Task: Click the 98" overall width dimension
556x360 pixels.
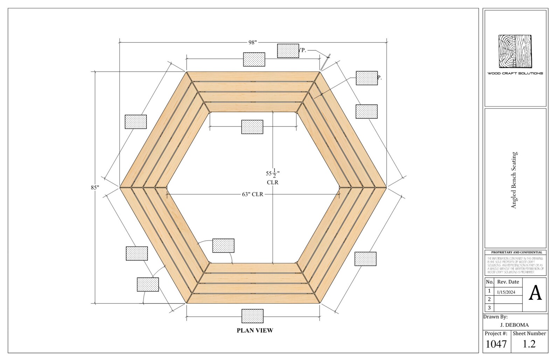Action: pos(252,42)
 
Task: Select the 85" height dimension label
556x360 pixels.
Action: pos(95,187)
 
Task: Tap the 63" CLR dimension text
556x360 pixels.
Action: pos(252,194)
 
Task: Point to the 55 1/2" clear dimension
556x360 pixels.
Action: pos(272,176)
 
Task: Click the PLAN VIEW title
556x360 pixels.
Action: pos(255,330)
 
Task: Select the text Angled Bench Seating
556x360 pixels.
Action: pos(514,180)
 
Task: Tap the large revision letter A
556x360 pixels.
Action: pos(535,293)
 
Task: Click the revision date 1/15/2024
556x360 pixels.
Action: pos(508,292)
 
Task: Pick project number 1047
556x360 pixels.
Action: pos(496,344)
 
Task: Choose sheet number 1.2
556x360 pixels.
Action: pos(529,344)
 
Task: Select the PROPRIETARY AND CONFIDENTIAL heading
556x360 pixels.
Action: pos(516,252)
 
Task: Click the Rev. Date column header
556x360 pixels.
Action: pos(508,282)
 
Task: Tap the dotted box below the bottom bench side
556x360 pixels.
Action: pos(252,316)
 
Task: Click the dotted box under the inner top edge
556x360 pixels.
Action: pos(252,127)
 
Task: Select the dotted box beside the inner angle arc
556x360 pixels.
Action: pos(223,245)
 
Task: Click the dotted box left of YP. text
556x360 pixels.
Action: pos(288,51)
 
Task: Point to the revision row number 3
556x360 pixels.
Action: pos(489,308)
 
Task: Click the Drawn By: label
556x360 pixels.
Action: pos(495,317)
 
